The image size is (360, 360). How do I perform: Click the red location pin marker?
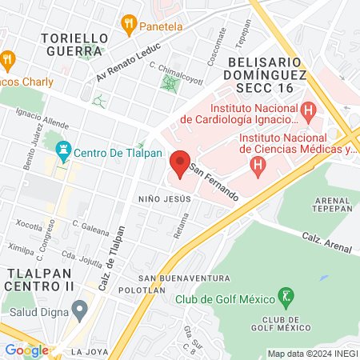180,163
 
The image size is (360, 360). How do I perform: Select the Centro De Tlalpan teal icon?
62,150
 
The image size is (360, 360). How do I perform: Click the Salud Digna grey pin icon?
78,309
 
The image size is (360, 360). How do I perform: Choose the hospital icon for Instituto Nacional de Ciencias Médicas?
257,166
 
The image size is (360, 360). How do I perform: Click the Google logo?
26,350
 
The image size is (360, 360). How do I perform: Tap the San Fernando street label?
214,181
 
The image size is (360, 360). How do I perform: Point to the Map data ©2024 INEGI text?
312,354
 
